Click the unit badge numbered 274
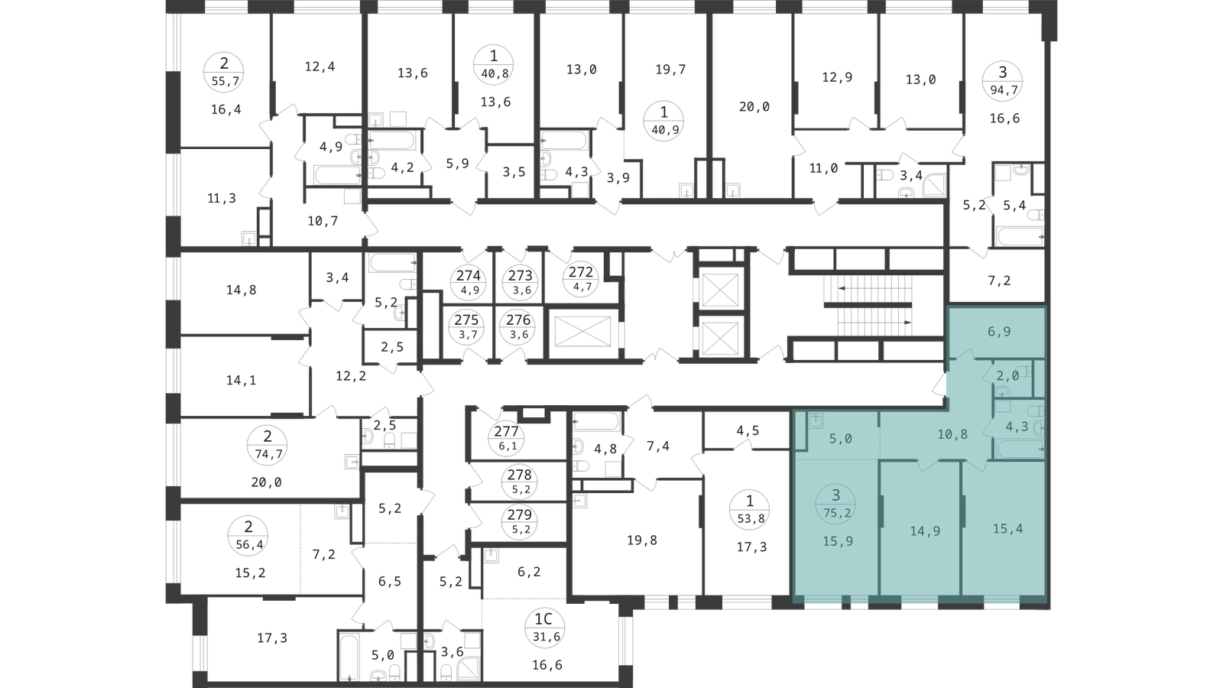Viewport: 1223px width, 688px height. (469, 282)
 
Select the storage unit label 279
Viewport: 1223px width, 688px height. (519, 521)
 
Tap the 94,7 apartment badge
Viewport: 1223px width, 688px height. (1003, 80)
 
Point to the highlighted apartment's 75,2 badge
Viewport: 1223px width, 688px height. (835, 504)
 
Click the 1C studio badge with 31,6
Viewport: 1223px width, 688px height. (543, 628)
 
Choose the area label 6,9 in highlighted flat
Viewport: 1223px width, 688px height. (999, 332)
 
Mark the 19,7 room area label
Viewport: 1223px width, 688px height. (670, 70)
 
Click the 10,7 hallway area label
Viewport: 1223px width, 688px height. (323, 221)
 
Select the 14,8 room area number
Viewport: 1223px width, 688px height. (242, 290)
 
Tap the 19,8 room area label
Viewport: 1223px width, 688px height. (642, 540)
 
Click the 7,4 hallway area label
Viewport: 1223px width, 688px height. (658, 446)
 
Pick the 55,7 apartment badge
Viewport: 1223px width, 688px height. (224, 72)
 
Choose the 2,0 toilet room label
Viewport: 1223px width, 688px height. (1008, 375)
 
